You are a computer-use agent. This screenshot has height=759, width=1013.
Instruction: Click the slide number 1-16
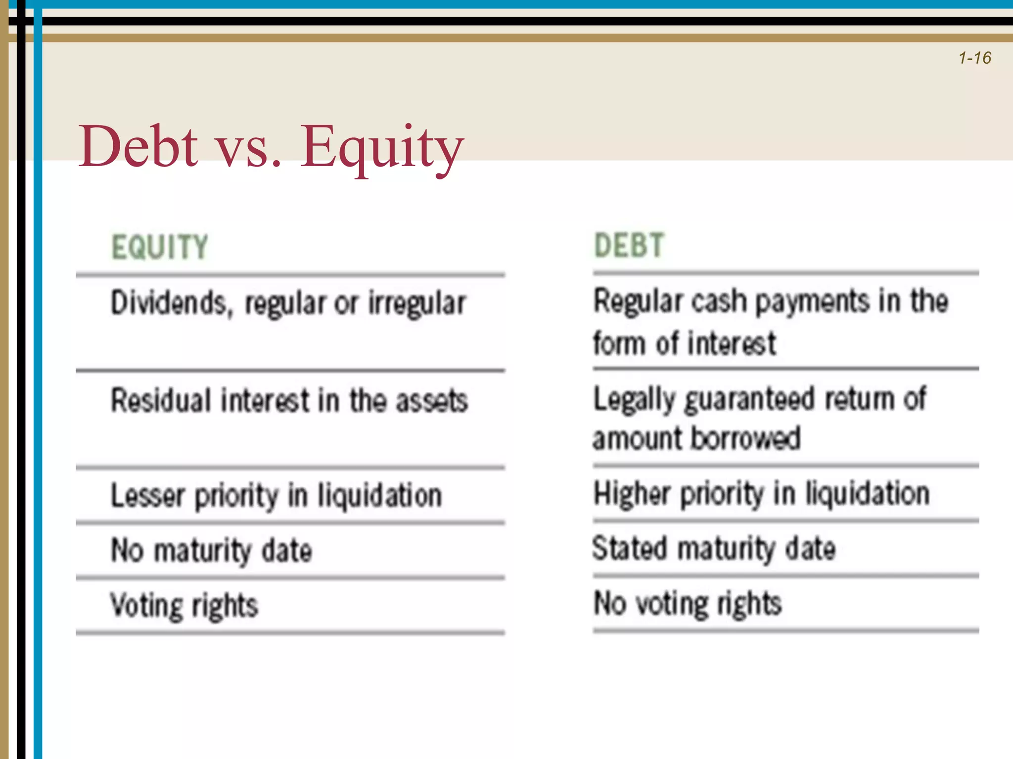click(x=974, y=58)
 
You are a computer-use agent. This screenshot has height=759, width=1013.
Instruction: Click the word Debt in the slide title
click(x=138, y=147)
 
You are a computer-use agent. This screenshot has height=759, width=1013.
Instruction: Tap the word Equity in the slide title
click(x=382, y=148)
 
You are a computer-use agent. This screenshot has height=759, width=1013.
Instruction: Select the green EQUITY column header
click(x=159, y=247)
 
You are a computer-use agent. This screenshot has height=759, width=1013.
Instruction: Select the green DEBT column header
click(x=628, y=246)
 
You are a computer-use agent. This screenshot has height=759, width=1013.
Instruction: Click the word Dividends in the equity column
click(x=169, y=302)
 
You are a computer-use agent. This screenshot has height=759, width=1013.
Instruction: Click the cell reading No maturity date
click(x=212, y=550)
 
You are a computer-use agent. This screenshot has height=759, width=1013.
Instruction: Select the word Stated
click(x=630, y=548)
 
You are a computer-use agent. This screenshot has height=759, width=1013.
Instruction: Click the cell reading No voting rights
click(x=688, y=604)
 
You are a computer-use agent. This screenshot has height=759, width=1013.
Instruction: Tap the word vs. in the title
click(x=249, y=148)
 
